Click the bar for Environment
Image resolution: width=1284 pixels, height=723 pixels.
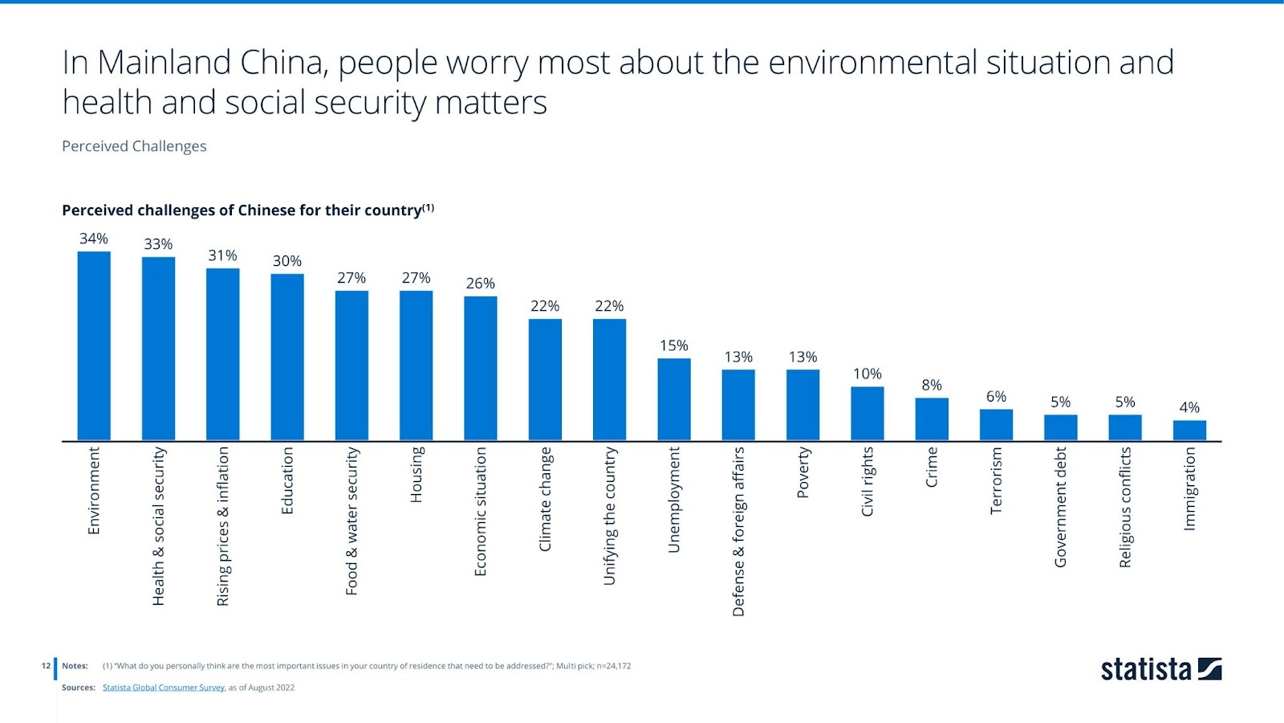(x=94, y=346)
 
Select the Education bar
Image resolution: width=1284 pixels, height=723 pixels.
(x=287, y=357)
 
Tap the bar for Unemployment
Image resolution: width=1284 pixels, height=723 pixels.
(x=674, y=399)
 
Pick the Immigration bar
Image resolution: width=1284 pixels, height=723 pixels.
(x=1189, y=431)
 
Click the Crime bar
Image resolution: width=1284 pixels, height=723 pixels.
(x=932, y=419)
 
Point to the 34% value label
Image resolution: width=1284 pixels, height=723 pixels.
(x=94, y=239)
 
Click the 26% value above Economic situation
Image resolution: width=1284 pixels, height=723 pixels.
(x=481, y=284)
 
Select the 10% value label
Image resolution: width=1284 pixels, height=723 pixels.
(x=868, y=374)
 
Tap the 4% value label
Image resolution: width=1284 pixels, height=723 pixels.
(x=1189, y=407)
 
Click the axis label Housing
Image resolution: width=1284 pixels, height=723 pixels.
(x=416, y=475)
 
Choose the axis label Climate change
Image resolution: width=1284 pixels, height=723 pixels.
(x=545, y=499)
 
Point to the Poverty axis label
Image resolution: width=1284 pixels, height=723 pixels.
(x=803, y=472)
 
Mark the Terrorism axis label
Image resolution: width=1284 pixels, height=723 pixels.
(x=996, y=480)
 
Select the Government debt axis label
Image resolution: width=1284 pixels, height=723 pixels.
(x=1061, y=507)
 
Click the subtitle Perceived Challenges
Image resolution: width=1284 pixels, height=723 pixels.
(x=134, y=146)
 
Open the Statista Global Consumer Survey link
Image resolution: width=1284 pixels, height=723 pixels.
(x=164, y=688)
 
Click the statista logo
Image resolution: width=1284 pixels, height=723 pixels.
(x=1160, y=669)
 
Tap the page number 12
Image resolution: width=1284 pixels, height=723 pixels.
(x=46, y=666)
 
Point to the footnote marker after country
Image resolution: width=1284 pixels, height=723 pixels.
(x=429, y=208)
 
